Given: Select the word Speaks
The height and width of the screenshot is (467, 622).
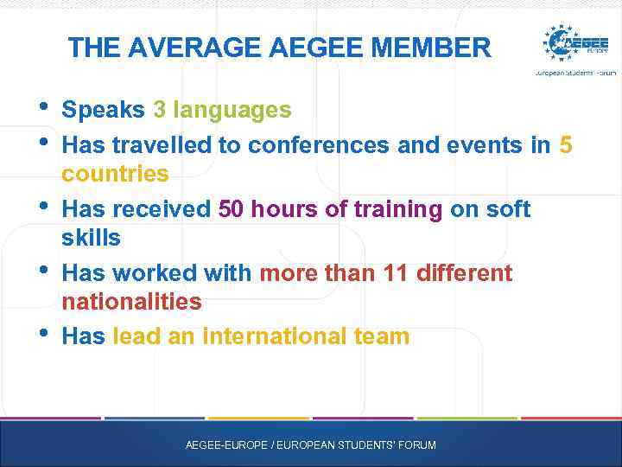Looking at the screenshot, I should [104, 111].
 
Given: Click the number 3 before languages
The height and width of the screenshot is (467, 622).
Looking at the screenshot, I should [159, 111].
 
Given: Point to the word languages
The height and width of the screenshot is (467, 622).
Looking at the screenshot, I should [232, 111].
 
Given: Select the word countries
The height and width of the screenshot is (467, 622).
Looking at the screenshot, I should [115, 174].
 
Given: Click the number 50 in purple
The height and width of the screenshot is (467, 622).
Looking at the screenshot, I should [232, 209].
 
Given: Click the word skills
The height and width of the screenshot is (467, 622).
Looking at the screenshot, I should [91, 238].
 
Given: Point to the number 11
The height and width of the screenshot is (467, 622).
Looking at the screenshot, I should [397, 273].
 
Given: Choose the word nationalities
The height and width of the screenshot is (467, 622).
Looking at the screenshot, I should [131, 302].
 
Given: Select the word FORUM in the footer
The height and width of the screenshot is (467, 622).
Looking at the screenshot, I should [417, 445].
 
